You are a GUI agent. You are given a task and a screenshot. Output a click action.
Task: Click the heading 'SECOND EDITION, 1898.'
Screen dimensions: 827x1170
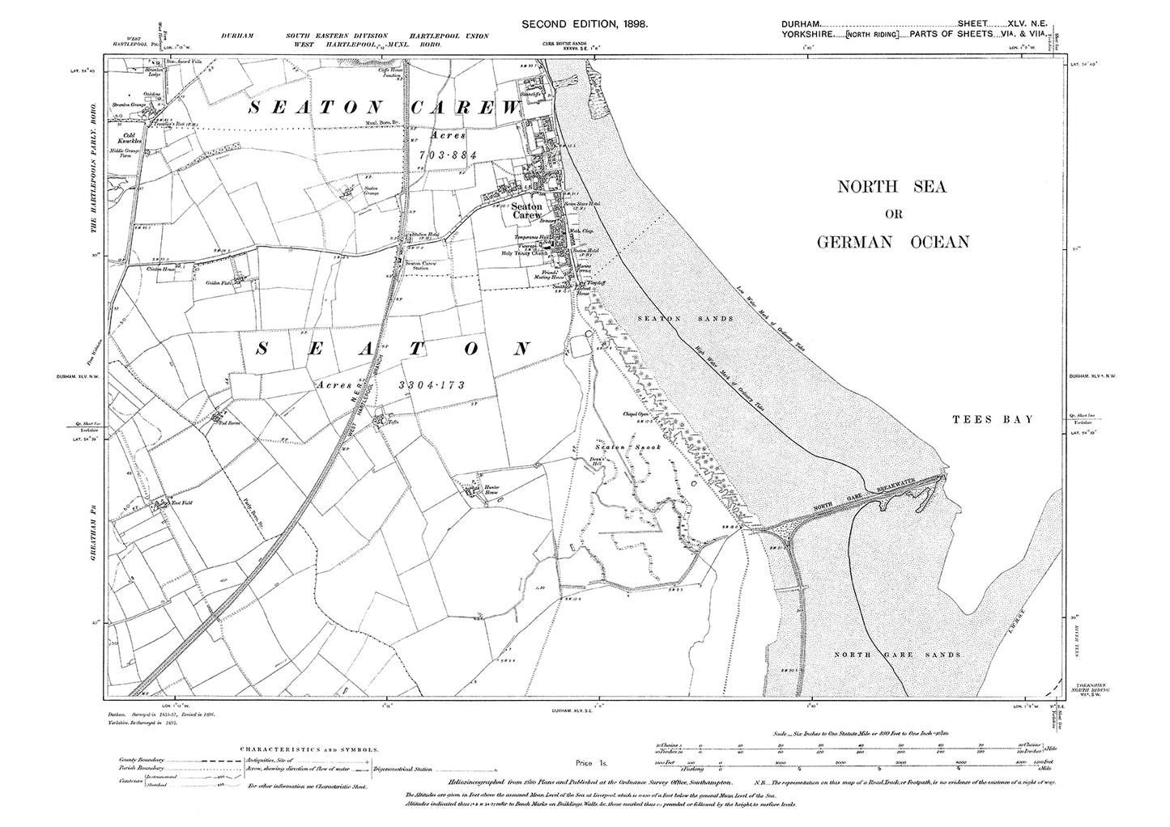(584, 26)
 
